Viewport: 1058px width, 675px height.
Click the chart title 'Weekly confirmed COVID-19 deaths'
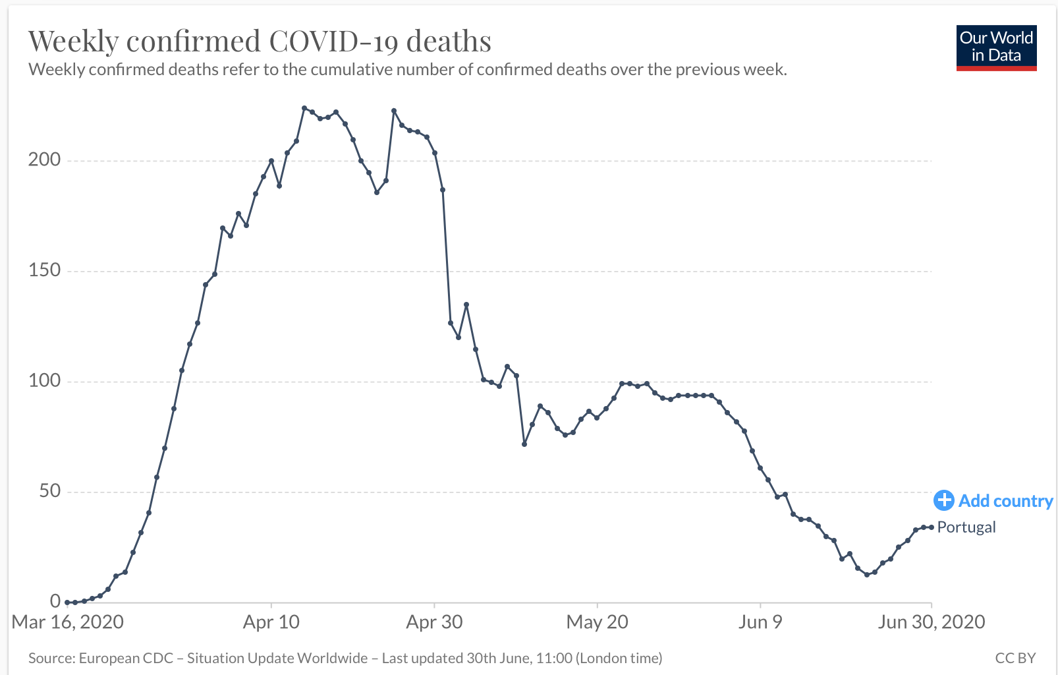(x=260, y=42)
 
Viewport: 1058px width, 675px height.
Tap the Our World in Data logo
(x=996, y=47)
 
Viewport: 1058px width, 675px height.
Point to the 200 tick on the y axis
(x=44, y=160)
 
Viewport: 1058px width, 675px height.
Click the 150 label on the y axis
(x=44, y=270)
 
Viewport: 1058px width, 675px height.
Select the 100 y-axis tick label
(x=44, y=381)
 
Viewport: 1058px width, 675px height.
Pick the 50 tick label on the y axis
(x=49, y=491)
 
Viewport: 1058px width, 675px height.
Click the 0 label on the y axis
(x=55, y=601)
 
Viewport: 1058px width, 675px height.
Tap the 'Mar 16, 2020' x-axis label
(x=68, y=622)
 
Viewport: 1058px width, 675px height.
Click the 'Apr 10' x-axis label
(x=271, y=622)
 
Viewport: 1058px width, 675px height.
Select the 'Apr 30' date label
(x=434, y=622)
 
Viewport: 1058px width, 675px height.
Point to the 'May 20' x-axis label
(x=598, y=622)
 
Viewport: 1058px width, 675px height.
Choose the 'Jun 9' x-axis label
(x=760, y=622)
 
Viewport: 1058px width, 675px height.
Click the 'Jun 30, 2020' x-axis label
(x=931, y=622)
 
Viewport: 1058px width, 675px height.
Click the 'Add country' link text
(x=1005, y=501)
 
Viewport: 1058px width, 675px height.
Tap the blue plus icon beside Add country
(x=943, y=500)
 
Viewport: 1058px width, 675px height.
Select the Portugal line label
(x=966, y=527)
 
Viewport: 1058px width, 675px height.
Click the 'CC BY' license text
(x=1015, y=658)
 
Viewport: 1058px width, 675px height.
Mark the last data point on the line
(x=931, y=527)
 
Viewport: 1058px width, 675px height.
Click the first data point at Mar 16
(x=67, y=602)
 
